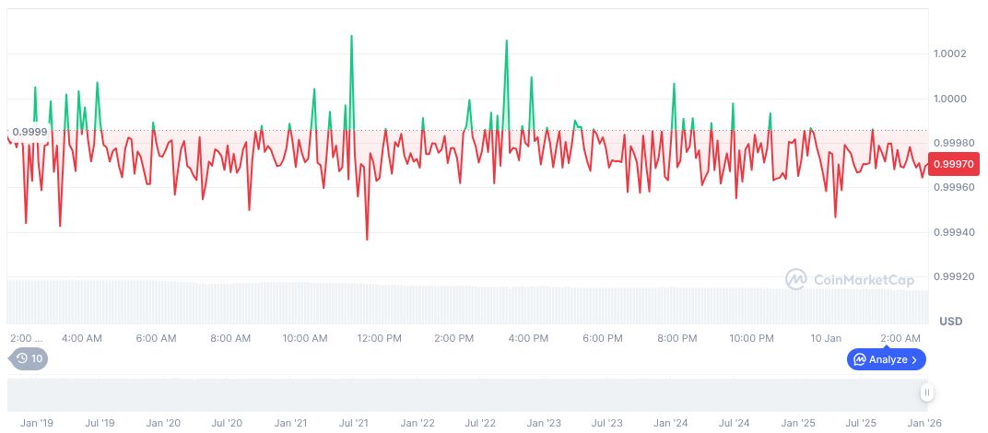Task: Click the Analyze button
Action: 886,359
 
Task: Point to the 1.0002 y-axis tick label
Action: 949,53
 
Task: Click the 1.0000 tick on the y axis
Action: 949,99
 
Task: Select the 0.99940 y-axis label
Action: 953,232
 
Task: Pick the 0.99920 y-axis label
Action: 953,276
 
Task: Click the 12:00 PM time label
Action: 379,338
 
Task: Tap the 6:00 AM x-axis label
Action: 156,338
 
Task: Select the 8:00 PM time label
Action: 676,338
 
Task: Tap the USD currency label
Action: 950,321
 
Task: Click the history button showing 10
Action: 29,358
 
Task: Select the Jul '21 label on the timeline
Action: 354,423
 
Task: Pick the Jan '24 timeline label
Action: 670,423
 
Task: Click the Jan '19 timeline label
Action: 37,423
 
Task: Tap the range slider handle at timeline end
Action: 927,392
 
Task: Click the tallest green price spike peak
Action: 352,36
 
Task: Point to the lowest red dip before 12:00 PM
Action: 367,240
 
